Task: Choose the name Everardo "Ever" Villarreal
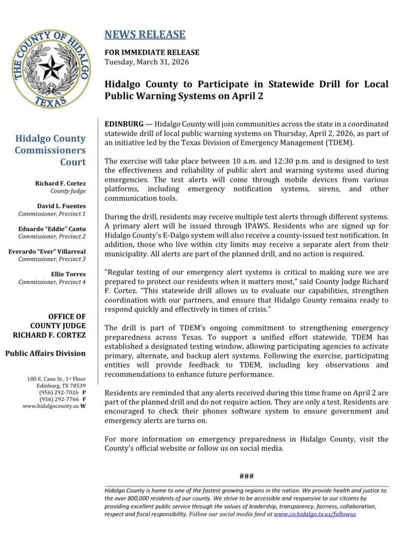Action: pos(47,251)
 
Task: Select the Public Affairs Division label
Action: pos(46,353)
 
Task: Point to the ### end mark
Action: pos(246,477)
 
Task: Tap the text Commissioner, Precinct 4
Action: pos(52,282)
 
